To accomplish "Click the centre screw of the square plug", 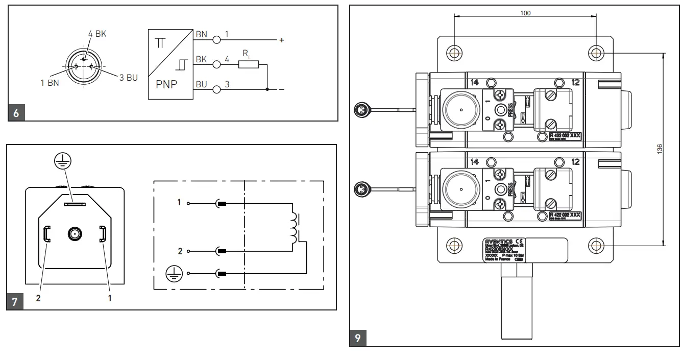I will tap(75, 234).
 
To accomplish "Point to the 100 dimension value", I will tap(525, 13).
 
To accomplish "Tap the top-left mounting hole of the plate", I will tap(454, 53).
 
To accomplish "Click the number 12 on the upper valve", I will tap(576, 82).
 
